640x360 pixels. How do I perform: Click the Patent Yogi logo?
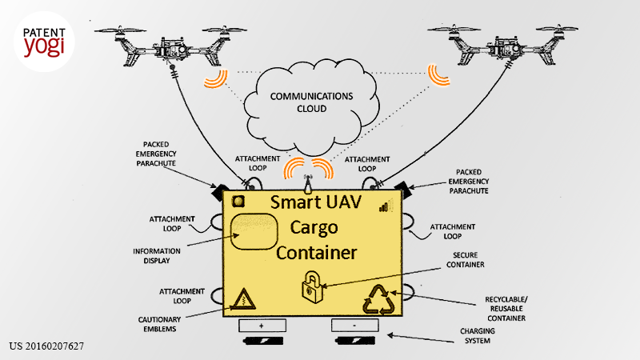tap(44, 42)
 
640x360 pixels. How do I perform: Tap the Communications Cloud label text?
tap(311, 102)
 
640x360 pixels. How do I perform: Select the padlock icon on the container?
tap(312, 287)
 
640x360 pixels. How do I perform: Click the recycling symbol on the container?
tap(379, 300)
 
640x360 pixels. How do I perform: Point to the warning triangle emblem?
tap(244, 299)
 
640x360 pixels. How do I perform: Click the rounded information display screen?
tap(254, 231)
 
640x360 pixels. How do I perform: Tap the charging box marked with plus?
tap(262, 326)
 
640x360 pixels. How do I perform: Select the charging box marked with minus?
tap(354, 326)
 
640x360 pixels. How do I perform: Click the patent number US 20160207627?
tap(46, 346)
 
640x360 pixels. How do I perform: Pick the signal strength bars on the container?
tap(383, 207)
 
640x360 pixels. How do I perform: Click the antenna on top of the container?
tap(308, 184)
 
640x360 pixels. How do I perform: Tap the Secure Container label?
tap(466, 259)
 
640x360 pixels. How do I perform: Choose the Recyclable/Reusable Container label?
tap(506, 309)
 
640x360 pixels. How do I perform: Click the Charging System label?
tap(477, 335)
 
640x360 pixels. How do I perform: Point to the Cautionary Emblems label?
tap(159, 324)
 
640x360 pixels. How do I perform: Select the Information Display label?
tap(157, 256)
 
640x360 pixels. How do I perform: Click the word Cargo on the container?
tap(314, 228)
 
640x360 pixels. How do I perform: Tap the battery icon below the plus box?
tap(263, 341)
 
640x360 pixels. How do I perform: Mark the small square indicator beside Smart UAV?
tap(238, 202)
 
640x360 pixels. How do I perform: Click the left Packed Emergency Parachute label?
tap(156, 154)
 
